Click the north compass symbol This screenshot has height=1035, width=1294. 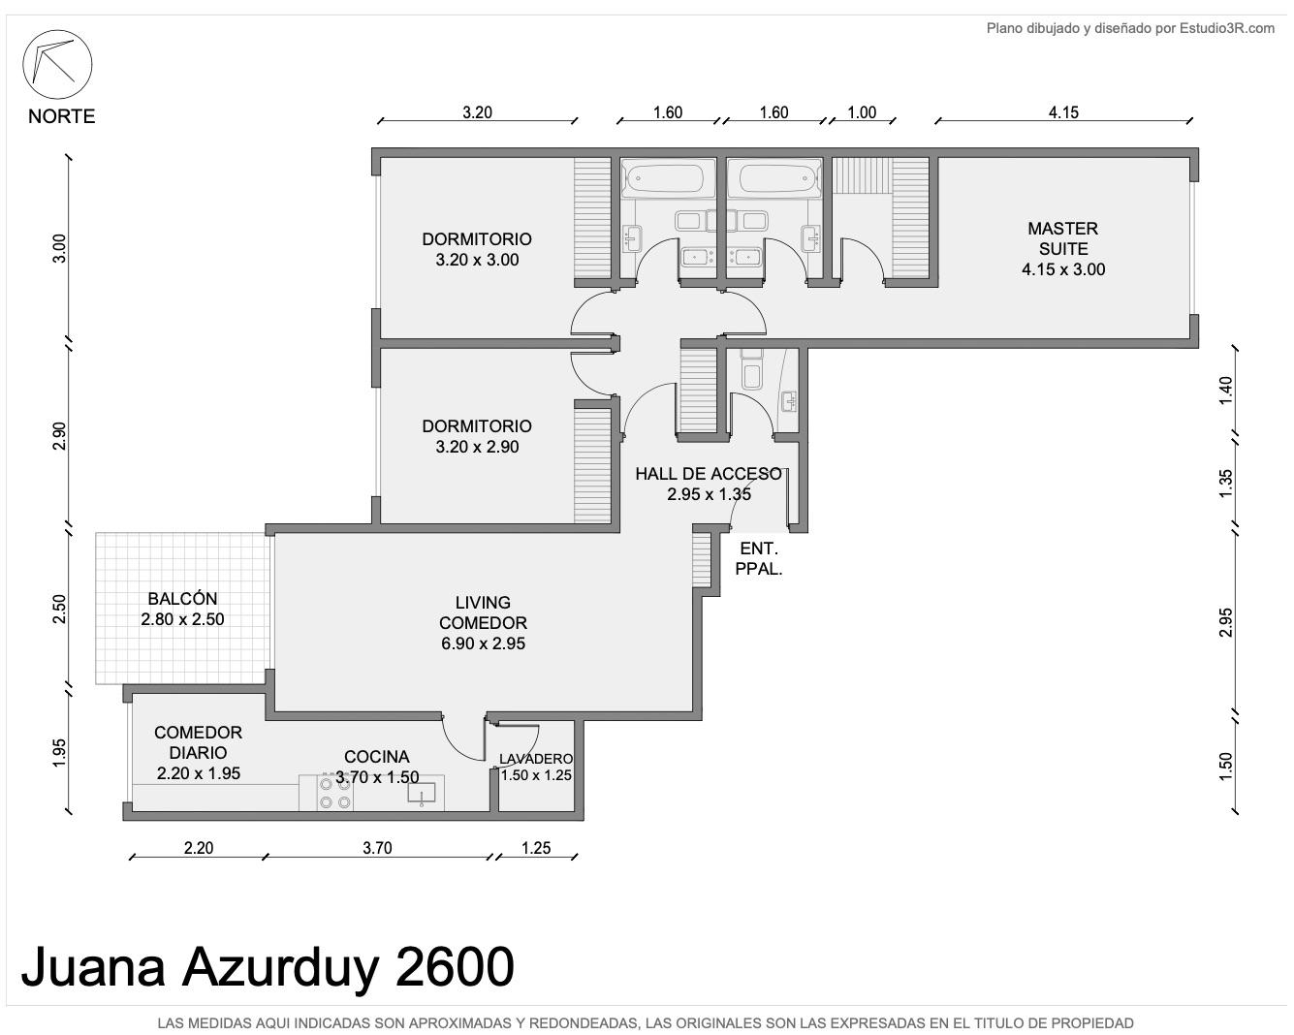click(57, 64)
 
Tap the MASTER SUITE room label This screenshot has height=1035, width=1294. click(1062, 238)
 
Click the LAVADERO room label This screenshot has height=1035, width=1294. click(536, 759)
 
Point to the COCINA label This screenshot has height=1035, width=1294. click(376, 757)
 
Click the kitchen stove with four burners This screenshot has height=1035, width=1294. click(335, 793)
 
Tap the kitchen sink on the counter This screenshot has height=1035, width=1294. click(422, 794)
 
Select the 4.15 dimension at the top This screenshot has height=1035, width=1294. click(1063, 112)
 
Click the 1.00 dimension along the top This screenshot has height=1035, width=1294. click(861, 112)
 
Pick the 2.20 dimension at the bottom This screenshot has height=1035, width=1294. click(199, 848)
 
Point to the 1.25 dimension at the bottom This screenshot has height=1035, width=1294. click(536, 848)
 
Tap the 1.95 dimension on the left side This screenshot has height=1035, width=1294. click(59, 752)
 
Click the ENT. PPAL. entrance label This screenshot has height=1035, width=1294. click(759, 558)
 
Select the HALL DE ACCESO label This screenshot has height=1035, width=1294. click(709, 474)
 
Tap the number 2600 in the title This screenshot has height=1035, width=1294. click(455, 966)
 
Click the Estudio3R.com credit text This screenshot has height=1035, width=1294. click(1227, 28)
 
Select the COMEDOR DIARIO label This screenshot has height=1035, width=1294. click(198, 742)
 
